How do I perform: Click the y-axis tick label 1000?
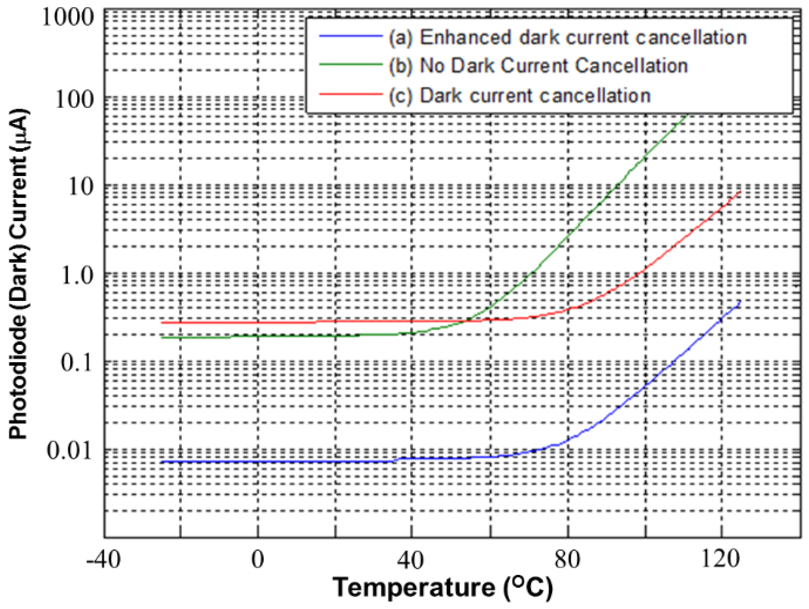tap(68, 17)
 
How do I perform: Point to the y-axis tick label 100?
tap(74, 99)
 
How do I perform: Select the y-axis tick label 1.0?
tap(77, 275)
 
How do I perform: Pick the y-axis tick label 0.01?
tap(69, 451)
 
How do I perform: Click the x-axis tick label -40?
tap(103, 560)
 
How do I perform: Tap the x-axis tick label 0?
tap(258, 560)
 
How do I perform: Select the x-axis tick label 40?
tap(411, 560)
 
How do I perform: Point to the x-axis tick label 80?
tap(567, 560)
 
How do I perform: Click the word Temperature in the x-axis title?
tap(414, 588)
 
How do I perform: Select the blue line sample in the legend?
tap(350, 36)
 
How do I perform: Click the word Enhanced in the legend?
tap(465, 37)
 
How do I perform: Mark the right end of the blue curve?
tap(740, 301)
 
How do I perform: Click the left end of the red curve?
tap(162, 323)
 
